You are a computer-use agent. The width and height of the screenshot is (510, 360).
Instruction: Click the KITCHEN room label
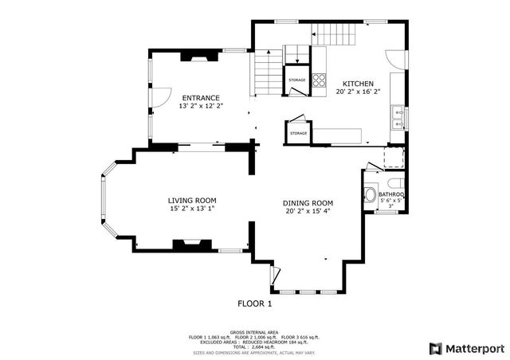pos(359,83)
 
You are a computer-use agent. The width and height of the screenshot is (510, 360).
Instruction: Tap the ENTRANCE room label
pos(201,98)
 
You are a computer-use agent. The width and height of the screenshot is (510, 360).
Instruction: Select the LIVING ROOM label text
pos(192,200)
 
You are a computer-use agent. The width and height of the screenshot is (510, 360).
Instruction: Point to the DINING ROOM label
pos(308,203)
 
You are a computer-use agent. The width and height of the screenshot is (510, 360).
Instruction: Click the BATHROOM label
pos(391,194)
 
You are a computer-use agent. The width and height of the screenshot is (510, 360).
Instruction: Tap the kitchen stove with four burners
pos(319,79)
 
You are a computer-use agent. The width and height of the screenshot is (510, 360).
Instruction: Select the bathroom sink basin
pos(370,195)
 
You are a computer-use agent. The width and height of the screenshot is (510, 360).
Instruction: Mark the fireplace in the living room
pos(192,246)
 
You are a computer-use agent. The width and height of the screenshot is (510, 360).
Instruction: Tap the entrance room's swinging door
pos(159,96)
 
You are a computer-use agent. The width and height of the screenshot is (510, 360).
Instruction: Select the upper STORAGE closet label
pos(297,80)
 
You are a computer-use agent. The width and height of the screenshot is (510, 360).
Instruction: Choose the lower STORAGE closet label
pos(299,133)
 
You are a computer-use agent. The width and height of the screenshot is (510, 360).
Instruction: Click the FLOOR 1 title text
pos(255,303)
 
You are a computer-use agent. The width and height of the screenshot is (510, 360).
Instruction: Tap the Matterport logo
pos(466,348)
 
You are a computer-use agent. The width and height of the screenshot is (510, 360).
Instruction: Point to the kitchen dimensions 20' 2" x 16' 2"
pos(359,92)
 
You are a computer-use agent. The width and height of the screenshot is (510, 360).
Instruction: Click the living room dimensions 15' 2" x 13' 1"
pos(192,209)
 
